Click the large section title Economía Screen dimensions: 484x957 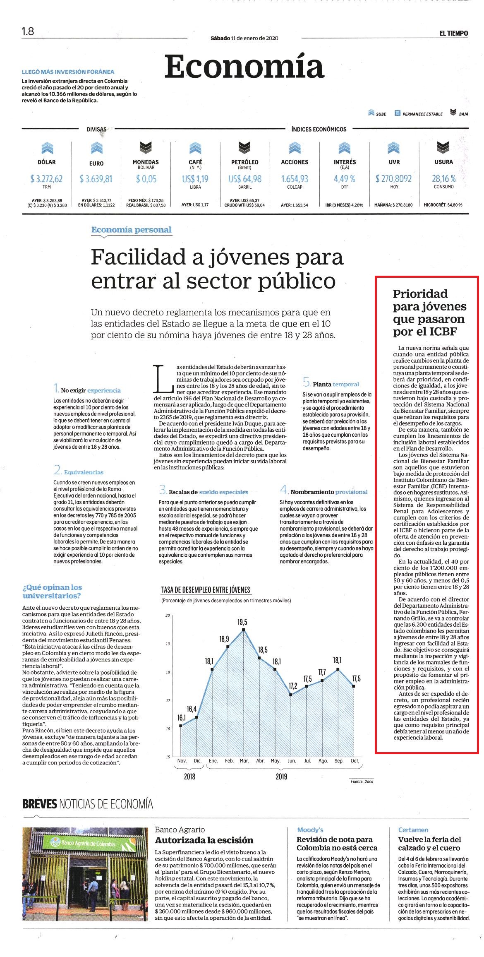[x=244, y=66]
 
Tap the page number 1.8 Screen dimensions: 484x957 [x=28, y=31]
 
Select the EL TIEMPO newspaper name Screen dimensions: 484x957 [x=454, y=34]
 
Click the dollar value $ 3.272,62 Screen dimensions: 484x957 [x=46, y=179]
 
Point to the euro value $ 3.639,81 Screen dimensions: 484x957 [x=96, y=179]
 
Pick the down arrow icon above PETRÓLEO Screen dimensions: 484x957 [x=245, y=147]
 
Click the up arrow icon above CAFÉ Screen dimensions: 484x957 [x=195, y=147]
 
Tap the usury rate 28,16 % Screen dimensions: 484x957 [x=444, y=179]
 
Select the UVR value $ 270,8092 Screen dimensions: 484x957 [x=394, y=179]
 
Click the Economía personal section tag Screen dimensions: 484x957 [x=132, y=230]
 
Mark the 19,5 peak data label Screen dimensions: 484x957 [x=242, y=622]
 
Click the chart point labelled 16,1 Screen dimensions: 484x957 [x=181, y=725]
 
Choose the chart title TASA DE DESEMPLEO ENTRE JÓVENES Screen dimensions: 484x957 [x=206, y=590]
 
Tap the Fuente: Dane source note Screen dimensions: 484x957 [x=362, y=781]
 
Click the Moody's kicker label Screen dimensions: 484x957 [x=310, y=830]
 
